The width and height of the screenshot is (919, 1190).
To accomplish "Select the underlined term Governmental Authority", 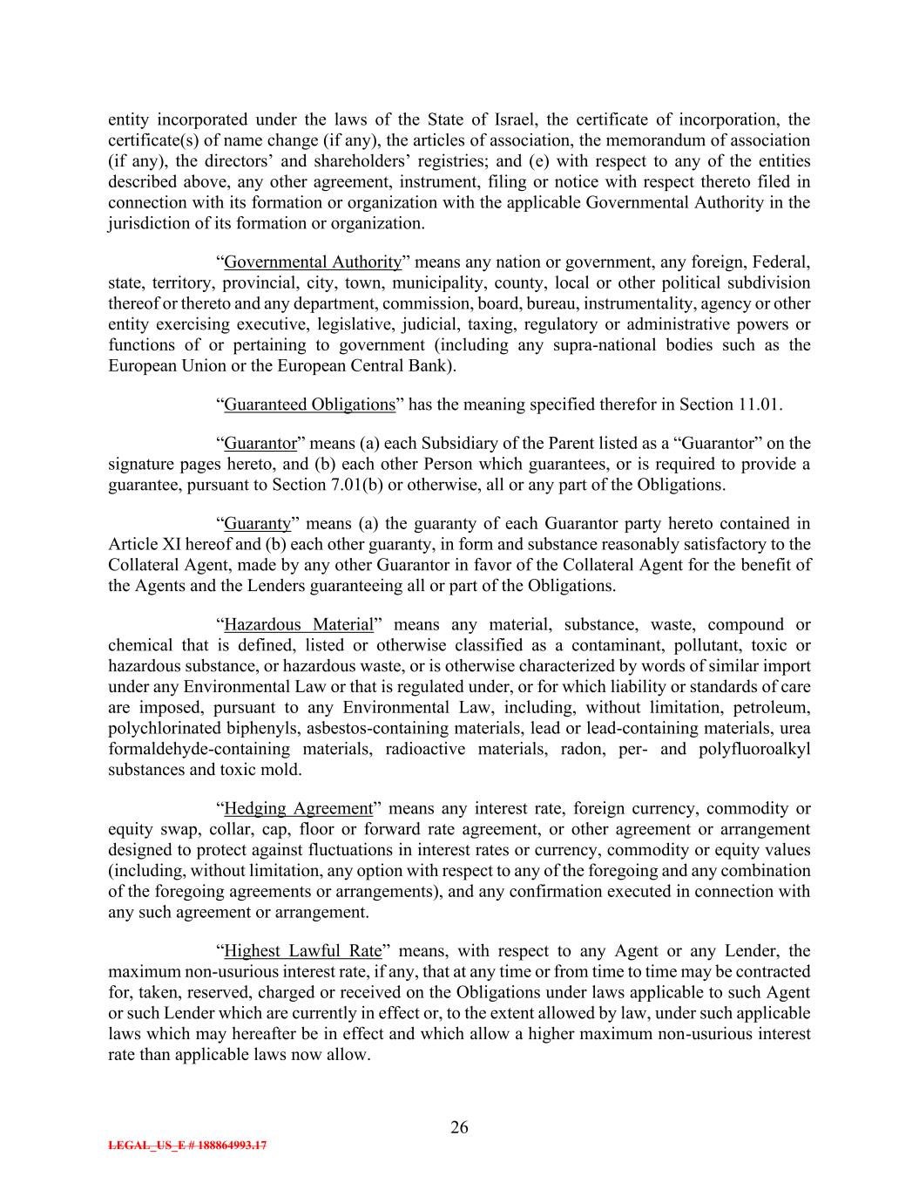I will [313, 262].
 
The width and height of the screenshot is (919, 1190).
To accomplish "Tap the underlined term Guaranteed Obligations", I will [310, 405].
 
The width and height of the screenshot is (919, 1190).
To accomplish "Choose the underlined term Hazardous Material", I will [299, 625].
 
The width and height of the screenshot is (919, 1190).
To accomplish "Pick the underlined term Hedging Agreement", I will [299, 809].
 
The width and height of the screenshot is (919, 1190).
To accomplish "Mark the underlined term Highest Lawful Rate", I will [303, 951].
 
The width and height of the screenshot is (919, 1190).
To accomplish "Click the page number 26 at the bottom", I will [459, 1128].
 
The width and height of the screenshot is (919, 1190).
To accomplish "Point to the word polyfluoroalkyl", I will [754, 750].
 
